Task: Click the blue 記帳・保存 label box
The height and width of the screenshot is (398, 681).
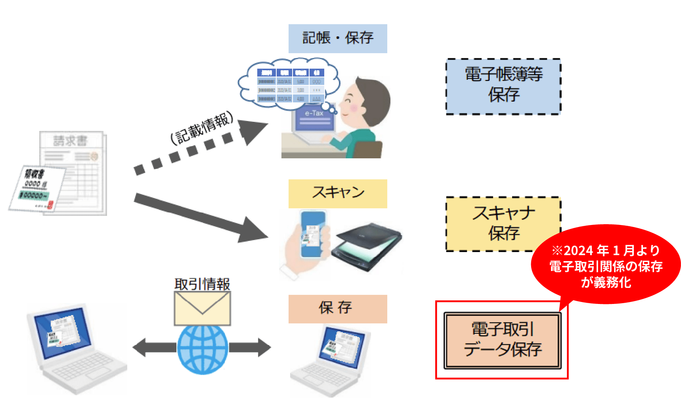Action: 338,38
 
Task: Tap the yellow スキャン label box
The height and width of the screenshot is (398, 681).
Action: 338,194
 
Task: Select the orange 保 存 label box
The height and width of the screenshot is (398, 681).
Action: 338,309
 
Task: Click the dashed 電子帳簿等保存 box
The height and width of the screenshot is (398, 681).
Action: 503,87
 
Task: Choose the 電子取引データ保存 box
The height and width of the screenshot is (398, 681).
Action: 502,340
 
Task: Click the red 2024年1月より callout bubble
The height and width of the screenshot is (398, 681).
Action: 605,265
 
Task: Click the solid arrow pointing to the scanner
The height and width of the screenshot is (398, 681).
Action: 198,216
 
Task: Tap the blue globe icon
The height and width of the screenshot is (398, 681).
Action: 203,349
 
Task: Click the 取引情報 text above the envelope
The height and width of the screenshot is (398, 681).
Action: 203,284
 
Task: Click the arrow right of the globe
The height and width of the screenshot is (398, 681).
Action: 250,348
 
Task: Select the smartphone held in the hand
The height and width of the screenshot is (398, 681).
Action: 313,234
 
